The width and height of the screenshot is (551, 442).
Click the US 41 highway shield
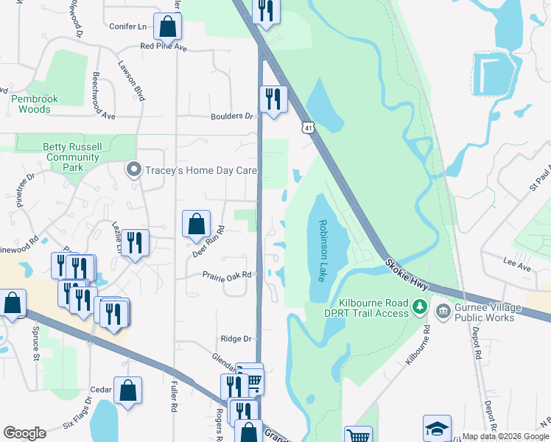(x=306, y=128)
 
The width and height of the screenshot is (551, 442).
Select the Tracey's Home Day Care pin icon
(x=133, y=170)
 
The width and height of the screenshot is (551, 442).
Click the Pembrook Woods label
(x=30, y=104)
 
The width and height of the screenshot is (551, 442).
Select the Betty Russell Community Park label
(x=72, y=157)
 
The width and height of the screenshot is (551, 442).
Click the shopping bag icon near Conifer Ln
(x=168, y=27)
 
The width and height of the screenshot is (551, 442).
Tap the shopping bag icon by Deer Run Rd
(x=196, y=224)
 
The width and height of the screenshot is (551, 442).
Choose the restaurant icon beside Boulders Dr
(x=273, y=99)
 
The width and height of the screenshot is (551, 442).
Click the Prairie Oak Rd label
(x=228, y=275)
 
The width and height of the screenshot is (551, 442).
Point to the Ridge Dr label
(x=236, y=339)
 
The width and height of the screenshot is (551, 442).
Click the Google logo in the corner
(x=25, y=433)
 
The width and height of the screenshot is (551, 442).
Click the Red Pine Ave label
(x=164, y=46)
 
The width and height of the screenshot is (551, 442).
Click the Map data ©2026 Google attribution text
(x=505, y=437)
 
